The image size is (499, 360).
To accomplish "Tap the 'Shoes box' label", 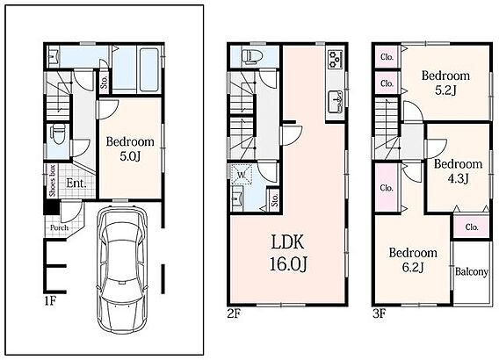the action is [53, 181].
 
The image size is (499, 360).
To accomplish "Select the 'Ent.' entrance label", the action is [76, 184].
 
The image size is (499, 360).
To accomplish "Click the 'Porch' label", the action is [59, 227].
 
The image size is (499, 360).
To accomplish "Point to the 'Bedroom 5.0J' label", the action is [130, 148].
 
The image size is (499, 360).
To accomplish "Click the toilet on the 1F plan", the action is [58, 133].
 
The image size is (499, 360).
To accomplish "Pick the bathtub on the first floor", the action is [149, 69].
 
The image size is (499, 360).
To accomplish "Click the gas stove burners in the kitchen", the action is [335, 59].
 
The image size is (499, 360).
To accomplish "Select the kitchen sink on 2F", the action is [335, 102].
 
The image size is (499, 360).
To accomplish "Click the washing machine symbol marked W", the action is [242, 174].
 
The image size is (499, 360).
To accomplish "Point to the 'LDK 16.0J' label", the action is [288, 253].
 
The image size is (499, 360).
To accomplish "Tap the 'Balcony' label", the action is [472, 271].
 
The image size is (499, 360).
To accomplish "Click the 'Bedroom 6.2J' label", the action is [413, 260].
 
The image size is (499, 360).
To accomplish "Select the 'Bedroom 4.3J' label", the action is [458, 170].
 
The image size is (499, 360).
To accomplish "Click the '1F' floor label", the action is [50, 301].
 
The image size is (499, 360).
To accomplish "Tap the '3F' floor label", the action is [380, 314].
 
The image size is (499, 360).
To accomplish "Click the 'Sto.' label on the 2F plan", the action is [275, 198].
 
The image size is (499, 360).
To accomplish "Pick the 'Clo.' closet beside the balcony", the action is [472, 227].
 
